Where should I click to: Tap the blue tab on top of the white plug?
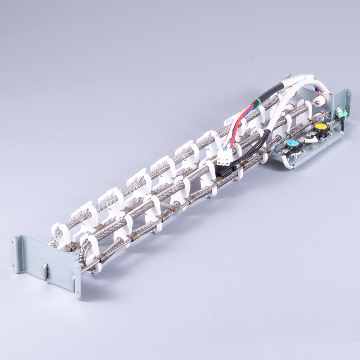(x=225, y=148)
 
